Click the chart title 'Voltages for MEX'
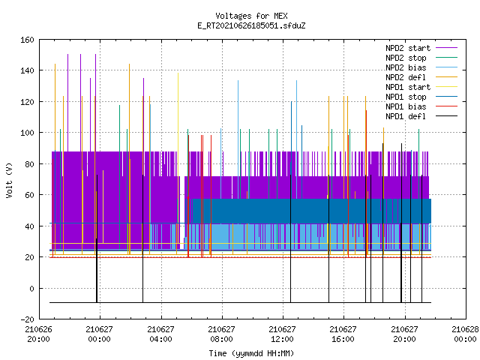click(x=251, y=16)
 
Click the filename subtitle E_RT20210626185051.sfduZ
click(x=251, y=25)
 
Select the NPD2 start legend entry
click(x=421, y=48)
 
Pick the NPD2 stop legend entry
click(x=421, y=58)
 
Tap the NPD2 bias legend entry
click(x=421, y=67)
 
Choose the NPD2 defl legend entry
click(x=421, y=77)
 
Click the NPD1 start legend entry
click(x=421, y=87)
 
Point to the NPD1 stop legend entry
click(x=421, y=97)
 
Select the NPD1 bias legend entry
click(x=421, y=106)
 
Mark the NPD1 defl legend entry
click(x=421, y=117)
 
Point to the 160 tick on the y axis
click(x=27, y=40)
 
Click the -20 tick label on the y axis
click(x=27, y=319)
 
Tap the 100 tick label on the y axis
click(x=27, y=133)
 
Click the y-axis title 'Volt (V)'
click(x=9, y=180)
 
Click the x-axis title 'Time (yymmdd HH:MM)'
click(x=251, y=353)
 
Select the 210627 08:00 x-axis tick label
click(x=222, y=334)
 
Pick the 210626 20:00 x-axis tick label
click(x=38, y=334)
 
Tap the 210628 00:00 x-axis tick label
click(x=465, y=334)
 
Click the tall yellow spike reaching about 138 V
click(x=178, y=128)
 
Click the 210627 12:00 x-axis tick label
click(x=282, y=334)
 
